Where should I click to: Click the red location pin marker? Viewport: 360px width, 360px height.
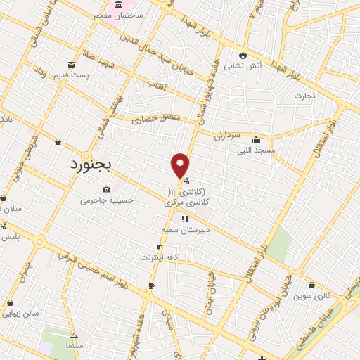pos(180,165)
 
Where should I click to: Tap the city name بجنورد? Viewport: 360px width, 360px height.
pos(96,165)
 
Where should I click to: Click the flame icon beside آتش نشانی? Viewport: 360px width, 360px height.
pos(243,56)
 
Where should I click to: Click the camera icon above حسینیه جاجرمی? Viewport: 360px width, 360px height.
pos(106,189)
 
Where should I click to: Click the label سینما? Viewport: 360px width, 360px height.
pos(74,347)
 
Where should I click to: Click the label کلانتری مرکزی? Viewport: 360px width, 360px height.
pos(188,202)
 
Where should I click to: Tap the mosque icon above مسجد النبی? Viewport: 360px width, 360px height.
pos(255,139)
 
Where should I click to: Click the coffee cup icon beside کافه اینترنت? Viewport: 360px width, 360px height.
pos(159,247)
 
